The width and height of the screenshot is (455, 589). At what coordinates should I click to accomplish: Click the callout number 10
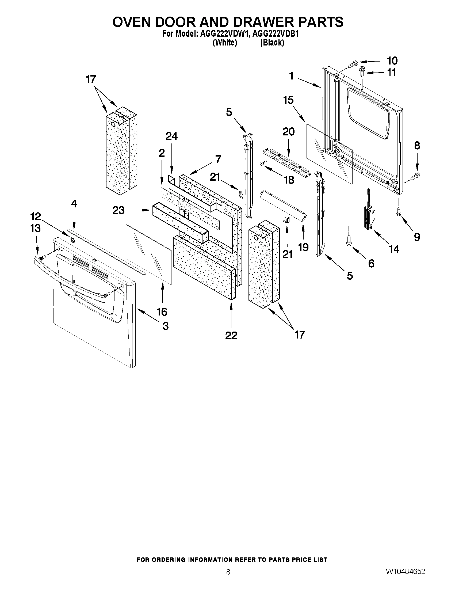pyautogui.click(x=392, y=61)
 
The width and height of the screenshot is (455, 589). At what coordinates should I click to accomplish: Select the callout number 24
pyautogui.click(x=171, y=136)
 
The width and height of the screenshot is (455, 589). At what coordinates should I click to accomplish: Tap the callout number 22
pyautogui.click(x=231, y=336)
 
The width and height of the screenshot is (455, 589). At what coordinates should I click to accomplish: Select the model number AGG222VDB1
pyautogui.click(x=276, y=34)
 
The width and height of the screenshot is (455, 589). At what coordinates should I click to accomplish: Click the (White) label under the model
pyautogui.click(x=225, y=43)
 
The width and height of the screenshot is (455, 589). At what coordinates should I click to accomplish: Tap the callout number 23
pyautogui.click(x=118, y=210)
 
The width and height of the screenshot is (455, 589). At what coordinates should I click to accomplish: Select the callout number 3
pyautogui.click(x=166, y=326)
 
